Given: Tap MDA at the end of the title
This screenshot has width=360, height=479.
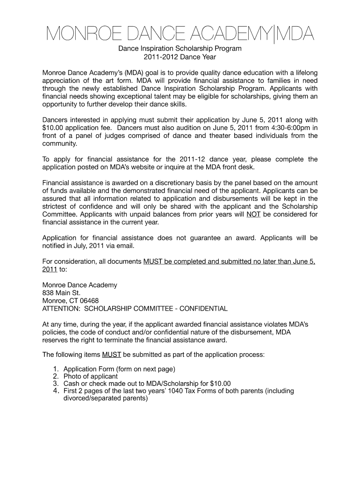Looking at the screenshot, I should point(295,34).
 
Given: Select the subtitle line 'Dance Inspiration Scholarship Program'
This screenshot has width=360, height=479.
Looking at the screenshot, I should point(180,49).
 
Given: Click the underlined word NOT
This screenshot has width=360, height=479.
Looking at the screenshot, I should point(253,214).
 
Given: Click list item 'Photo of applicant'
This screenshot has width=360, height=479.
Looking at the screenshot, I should point(91,376).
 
